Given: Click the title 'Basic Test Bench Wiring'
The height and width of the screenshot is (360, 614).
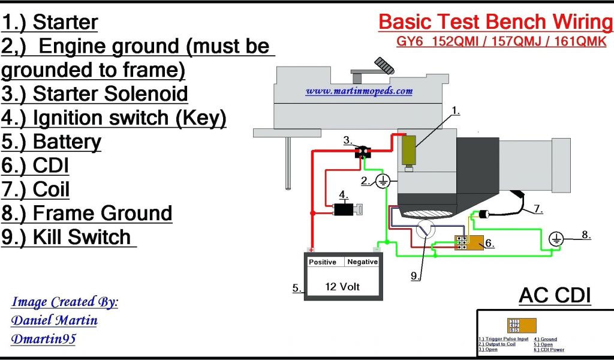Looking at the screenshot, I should click(495, 22).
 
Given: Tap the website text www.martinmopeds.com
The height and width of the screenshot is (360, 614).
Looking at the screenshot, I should click(359, 91).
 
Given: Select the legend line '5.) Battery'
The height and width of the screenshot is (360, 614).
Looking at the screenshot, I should click(52, 142).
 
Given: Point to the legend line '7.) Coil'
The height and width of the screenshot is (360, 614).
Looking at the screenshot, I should click(36, 190).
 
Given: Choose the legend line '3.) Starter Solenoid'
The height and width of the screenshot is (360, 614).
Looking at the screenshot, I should click(95, 94).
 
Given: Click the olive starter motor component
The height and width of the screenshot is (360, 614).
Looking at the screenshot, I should click(409, 151).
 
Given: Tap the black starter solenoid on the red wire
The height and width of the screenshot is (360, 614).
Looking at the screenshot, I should click(363, 152).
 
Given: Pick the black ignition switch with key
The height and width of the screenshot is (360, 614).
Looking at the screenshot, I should click(344, 209).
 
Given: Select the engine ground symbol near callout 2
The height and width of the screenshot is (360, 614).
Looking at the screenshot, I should click(384, 181).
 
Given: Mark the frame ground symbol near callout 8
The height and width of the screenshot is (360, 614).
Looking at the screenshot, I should click(556, 239).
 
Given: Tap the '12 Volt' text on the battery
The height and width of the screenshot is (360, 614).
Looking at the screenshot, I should click(342, 286).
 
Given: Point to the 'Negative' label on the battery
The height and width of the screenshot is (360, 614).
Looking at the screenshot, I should click(363, 262).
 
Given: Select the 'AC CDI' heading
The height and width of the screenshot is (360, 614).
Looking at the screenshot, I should click(555, 295).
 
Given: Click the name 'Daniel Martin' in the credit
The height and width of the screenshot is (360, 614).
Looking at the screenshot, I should click(54, 320).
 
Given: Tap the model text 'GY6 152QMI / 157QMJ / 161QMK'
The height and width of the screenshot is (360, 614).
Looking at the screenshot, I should click(501, 42).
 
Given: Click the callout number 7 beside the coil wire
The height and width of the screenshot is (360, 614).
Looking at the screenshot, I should click(538, 209).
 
